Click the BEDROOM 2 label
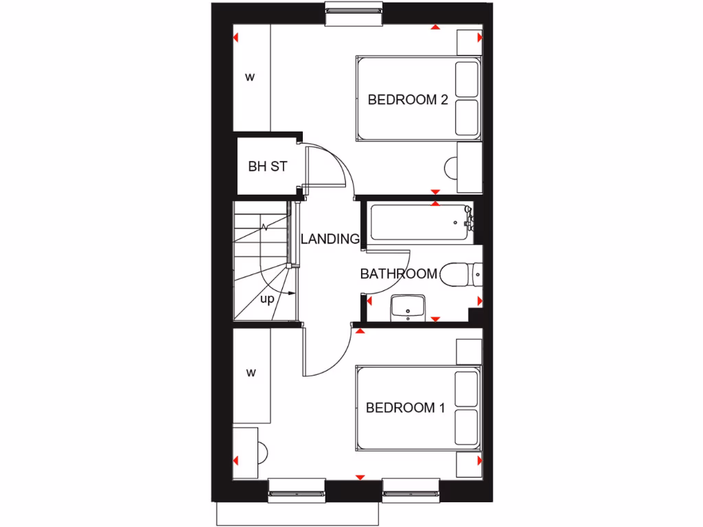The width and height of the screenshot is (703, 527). (x=408, y=99)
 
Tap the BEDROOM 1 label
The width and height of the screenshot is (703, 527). (x=406, y=408)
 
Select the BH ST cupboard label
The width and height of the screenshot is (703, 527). (x=267, y=167)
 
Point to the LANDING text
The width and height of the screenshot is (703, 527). (x=330, y=239)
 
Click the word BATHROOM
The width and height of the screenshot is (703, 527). (x=399, y=274)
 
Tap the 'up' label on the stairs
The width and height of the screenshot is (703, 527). (x=267, y=299)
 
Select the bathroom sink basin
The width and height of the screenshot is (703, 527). (x=408, y=307)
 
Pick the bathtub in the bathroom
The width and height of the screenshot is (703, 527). (x=419, y=222)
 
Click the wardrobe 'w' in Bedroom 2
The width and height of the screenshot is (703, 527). (x=251, y=77)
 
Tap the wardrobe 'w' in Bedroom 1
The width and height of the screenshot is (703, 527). (x=251, y=373)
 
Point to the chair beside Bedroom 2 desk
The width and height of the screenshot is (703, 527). (x=451, y=167)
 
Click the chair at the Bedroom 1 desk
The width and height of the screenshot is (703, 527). (x=262, y=450)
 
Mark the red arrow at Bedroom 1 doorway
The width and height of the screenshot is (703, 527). (x=360, y=332)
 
